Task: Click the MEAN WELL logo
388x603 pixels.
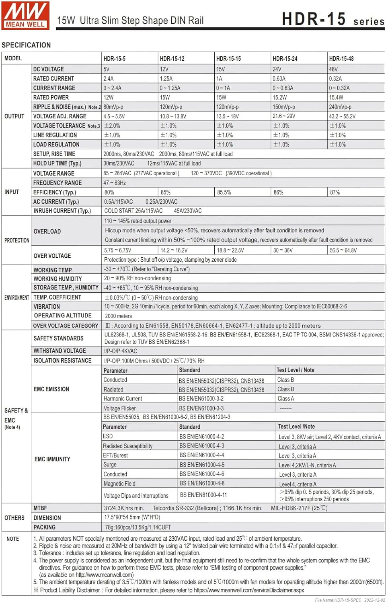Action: [x=25, y=15]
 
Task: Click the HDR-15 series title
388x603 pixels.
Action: [x=333, y=19]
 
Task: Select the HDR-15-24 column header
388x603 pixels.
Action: [x=285, y=59]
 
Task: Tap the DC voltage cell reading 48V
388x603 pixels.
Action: [x=333, y=69]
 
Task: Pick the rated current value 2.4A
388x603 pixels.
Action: [x=109, y=79]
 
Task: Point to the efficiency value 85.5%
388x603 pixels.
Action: [x=224, y=193]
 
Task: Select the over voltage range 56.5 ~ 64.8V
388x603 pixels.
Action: [x=343, y=250]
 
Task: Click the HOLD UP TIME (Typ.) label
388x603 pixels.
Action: [x=57, y=163]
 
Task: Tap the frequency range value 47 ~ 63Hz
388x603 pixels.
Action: [x=115, y=183]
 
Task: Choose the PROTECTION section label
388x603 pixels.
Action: [x=17, y=240]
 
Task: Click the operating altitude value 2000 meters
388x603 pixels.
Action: [x=118, y=316]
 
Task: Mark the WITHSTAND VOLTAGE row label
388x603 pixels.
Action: [x=60, y=351]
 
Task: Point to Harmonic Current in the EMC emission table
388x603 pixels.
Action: [x=123, y=399]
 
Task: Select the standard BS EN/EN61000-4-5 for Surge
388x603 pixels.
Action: [x=202, y=465]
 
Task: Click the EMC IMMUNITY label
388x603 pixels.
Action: [x=52, y=459]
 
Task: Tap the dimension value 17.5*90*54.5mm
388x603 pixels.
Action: [x=132, y=517]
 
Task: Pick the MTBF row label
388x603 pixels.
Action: [x=40, y=508]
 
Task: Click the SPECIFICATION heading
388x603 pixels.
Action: [x=26, y=45]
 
